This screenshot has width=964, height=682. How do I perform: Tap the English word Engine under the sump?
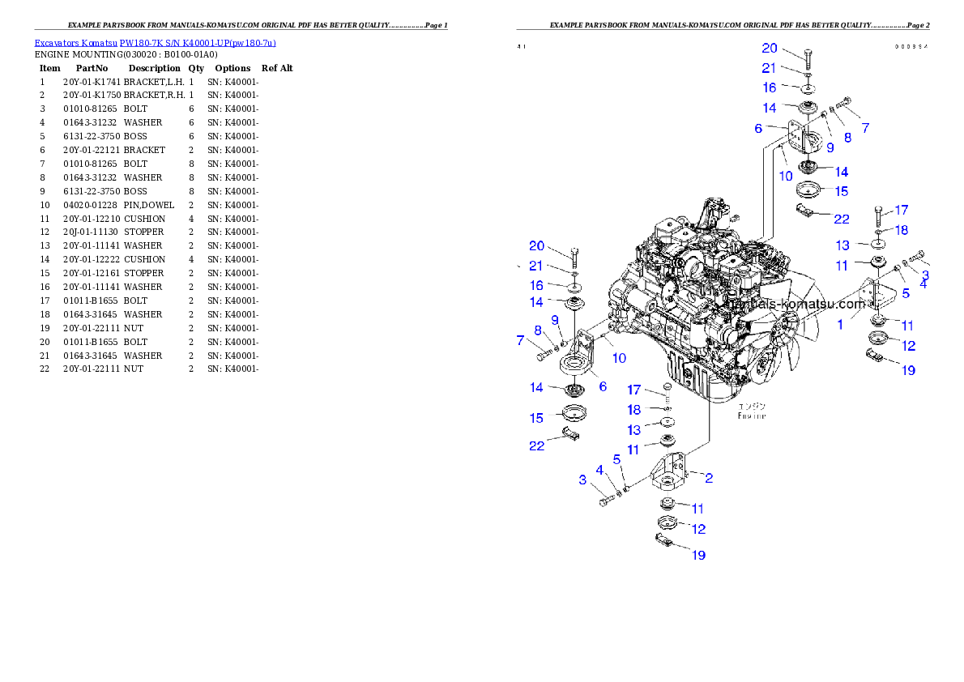[751, 416]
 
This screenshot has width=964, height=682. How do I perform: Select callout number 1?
[840, 324]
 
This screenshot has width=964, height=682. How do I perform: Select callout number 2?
[708, 478]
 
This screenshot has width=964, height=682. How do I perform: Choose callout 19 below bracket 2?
[697, 555]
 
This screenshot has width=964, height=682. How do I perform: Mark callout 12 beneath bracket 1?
[908, 346]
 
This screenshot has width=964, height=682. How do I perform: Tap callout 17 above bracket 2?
[633, 390]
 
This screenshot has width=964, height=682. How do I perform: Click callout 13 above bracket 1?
[842, 245]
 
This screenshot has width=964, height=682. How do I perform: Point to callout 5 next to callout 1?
[905, 294]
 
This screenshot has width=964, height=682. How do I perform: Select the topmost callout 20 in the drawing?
[770, 49]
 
